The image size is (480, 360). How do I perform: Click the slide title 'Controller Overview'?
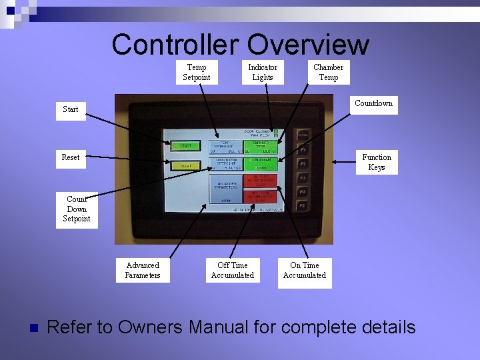(240, 45)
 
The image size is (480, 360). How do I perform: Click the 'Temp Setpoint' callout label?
(196, 72)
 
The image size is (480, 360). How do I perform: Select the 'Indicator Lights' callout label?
(263, 72)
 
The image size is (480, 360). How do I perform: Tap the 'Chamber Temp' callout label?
(328, 72)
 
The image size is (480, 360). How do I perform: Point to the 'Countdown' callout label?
(373, 103)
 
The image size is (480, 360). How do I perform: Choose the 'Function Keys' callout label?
(377, 162)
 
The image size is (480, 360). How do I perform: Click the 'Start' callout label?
(70, 109)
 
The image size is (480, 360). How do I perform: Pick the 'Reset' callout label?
(70, 157)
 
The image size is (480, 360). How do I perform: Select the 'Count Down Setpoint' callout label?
(77, 209)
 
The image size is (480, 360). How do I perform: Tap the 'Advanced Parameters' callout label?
(143, 270)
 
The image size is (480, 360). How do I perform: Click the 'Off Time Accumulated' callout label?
(233, 270)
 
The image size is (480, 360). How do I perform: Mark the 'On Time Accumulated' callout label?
(305, 270)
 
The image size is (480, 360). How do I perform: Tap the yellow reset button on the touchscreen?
(185, 166)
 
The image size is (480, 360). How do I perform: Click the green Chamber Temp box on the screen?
(260, 147)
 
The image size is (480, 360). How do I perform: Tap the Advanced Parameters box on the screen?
(225, 188)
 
